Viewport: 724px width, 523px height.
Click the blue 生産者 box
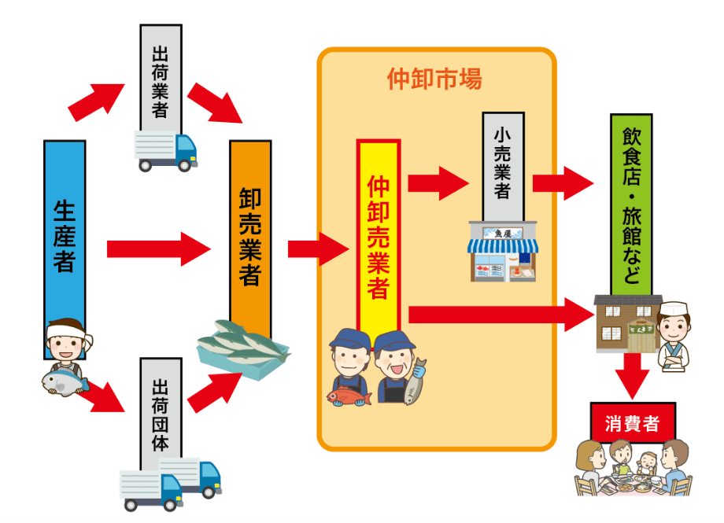tap(65, 236)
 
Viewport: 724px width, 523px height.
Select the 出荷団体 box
tap(161, 405)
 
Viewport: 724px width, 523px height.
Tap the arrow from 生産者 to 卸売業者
tap(157, 249)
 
